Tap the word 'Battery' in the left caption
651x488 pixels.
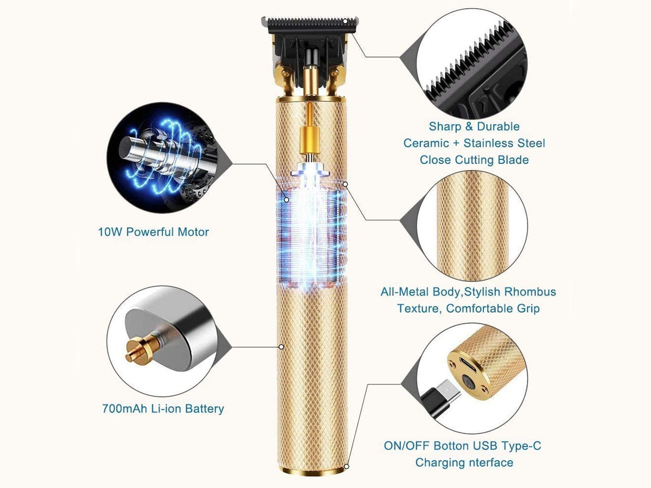pos(205,409)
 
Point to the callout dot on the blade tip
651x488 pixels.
pos(345,21)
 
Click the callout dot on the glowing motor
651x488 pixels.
pos(286,200)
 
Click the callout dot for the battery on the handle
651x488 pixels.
pos(282,346)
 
